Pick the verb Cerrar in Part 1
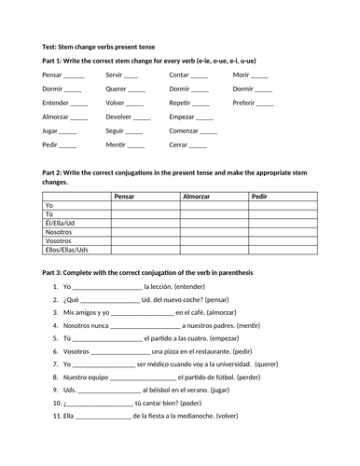click(x=179, y=145)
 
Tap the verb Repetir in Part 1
click(x=181, y=103)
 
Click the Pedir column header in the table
click(x=260, y=196)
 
